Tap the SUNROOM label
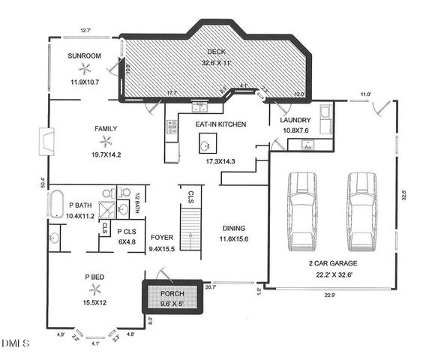(84, 56)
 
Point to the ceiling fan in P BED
(94, 288)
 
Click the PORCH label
(172, 292)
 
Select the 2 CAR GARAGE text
(332, 263)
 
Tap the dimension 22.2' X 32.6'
(332, 275)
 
